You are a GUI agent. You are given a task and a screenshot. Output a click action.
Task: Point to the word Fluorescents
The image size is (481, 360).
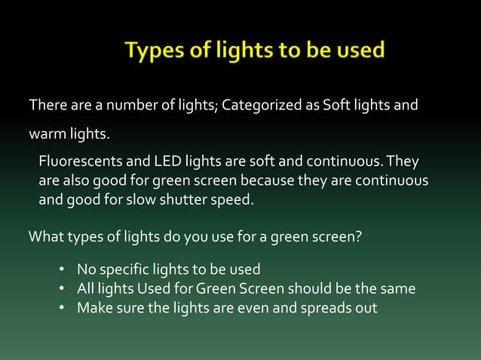77,162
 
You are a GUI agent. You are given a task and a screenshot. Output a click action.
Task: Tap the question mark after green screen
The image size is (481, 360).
360,237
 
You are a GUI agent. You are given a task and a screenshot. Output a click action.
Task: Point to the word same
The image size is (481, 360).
398,288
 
